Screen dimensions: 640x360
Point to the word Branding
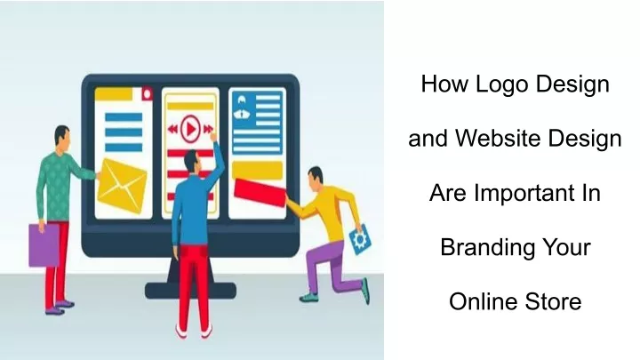[x=487, y=248]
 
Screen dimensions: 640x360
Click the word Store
[x=553, y=301]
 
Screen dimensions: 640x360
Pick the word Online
[x=484, y=301]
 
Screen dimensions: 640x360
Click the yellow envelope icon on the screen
[x=122, y=186]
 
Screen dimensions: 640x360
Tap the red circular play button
[x=190, y=129]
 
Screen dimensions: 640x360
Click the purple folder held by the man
[x=44, y=245]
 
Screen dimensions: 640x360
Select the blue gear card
[x=360, y=239]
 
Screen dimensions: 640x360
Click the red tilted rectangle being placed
[x=260, y=192]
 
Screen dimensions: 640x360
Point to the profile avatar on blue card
[x=242, y=107]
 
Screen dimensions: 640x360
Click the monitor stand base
[x=190, y=290]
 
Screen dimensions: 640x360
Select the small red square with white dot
[x=147, y=94]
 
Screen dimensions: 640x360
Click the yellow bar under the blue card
[x=257, y=170]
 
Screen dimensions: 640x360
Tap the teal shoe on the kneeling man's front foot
[x=308, y=298]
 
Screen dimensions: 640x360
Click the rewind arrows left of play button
[x=173, y=130]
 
